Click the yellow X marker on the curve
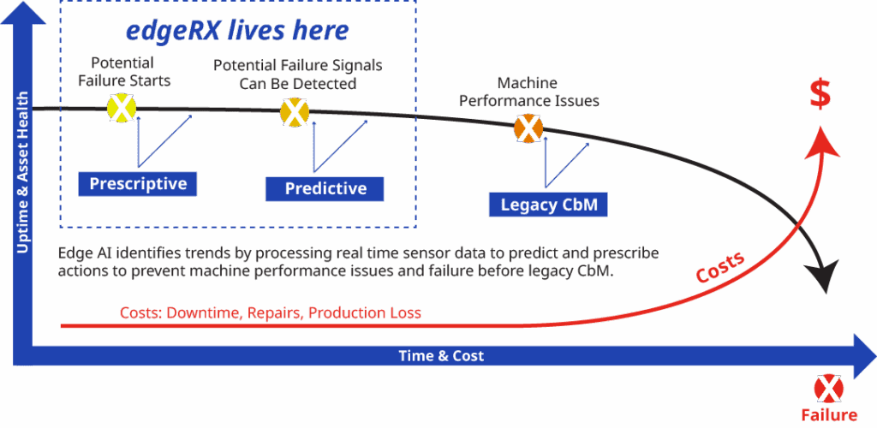tap(122, 108)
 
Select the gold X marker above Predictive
tap(295, 112)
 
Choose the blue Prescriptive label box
tap(138, 184)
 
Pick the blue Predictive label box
tap(325, 188)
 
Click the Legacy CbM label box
tap(548, 205)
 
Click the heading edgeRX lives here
tap(237, 31)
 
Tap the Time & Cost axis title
tap(441, 356)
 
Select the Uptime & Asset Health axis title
tap(23, 174)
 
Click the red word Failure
tap(829, 415)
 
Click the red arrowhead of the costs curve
tap(821, 141)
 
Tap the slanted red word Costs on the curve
tap(720, 266)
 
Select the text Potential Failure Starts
tap(123, 72)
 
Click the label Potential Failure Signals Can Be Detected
tap(298, 74)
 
